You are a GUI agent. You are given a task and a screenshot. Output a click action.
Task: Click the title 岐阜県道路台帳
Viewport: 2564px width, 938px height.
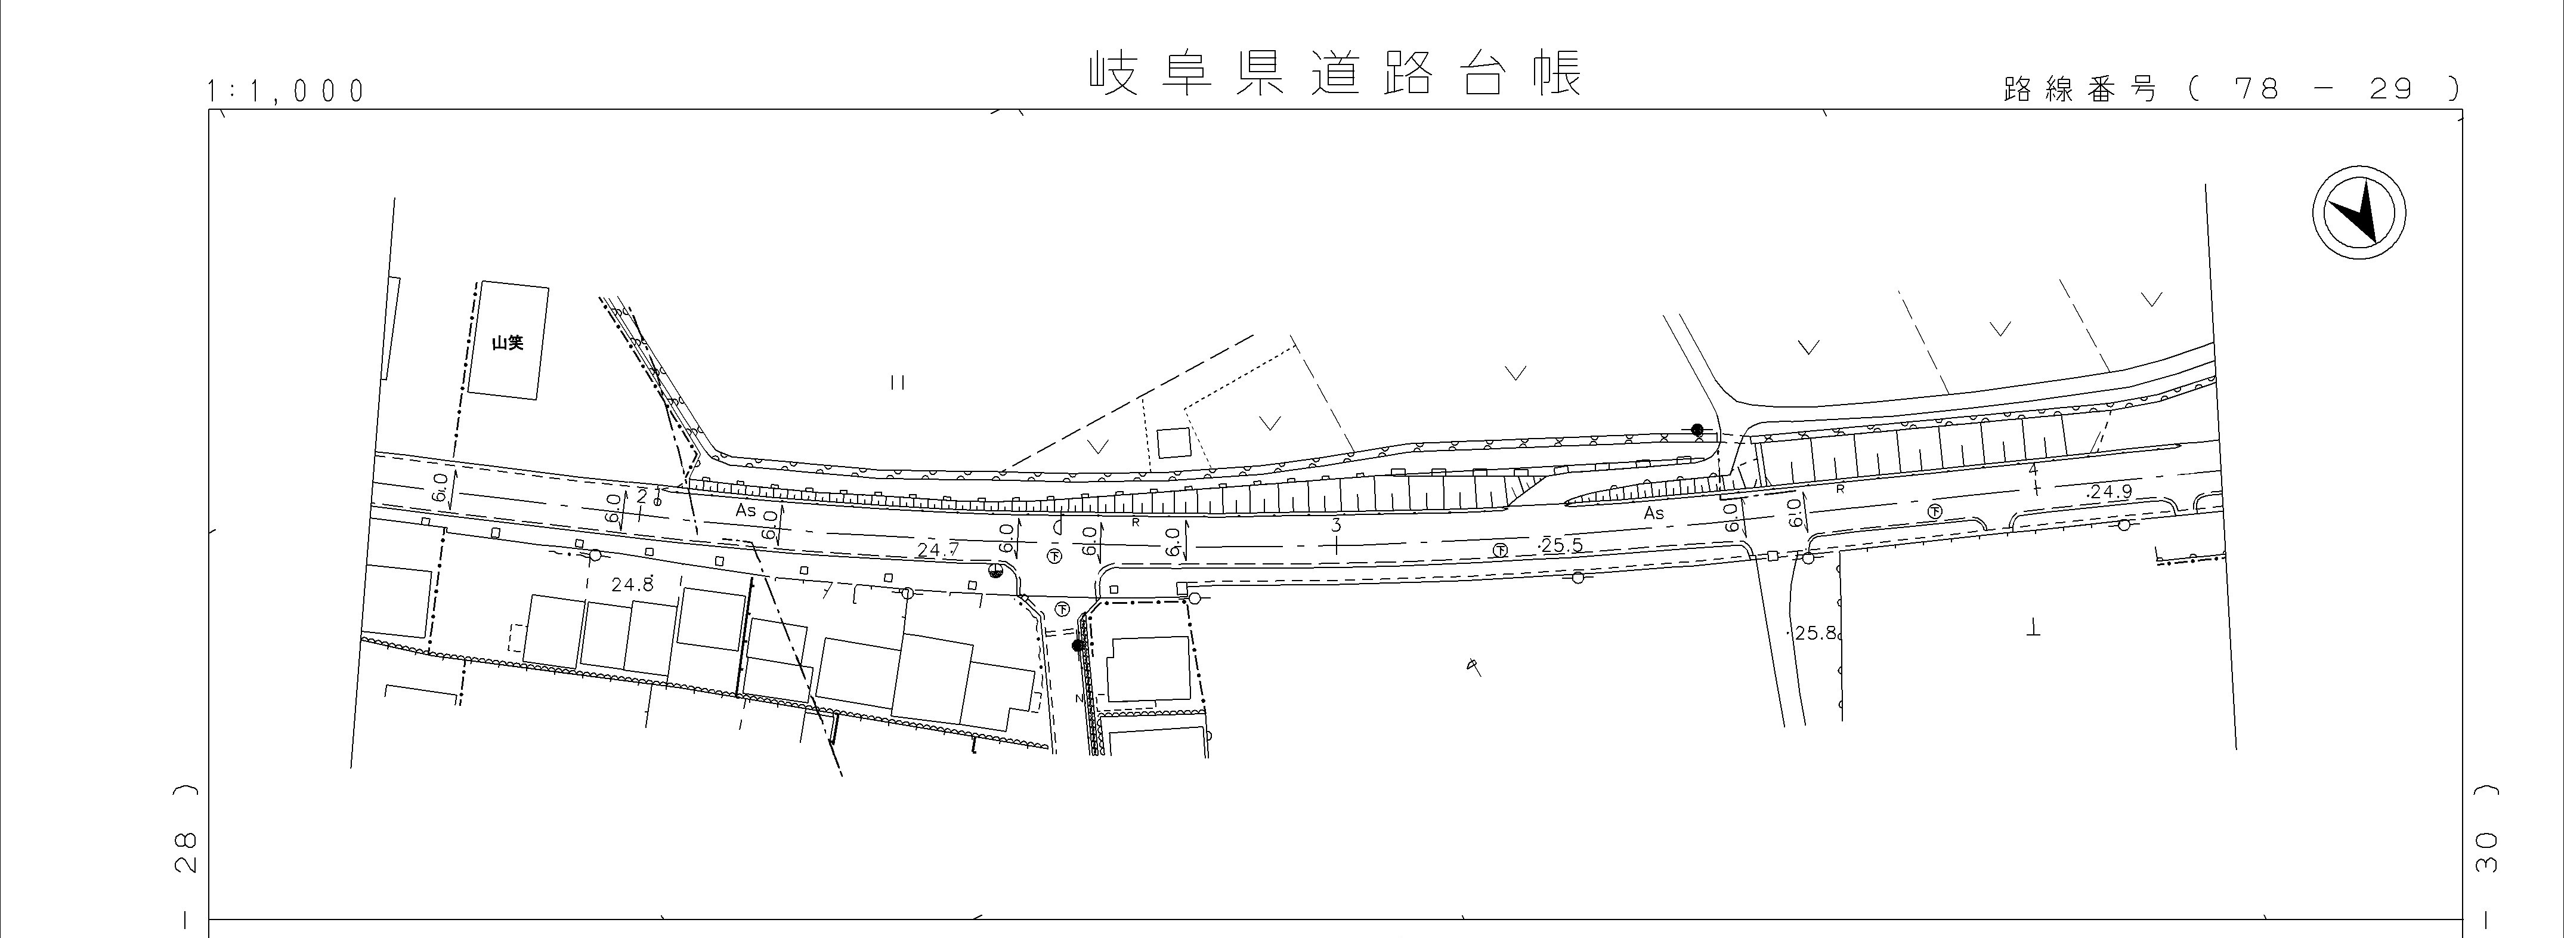[x=1334, y=75]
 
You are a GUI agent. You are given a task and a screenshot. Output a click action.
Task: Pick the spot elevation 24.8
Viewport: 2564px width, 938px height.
[x=632, y=585]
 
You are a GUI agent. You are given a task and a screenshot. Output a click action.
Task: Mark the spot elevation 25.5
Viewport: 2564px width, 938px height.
[x=1561, y=545]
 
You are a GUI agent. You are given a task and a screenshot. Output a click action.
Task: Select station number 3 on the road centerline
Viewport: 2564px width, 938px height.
[x=1336, y=524]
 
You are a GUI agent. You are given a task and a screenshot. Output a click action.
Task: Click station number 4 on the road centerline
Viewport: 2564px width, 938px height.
[x=2033, y=470]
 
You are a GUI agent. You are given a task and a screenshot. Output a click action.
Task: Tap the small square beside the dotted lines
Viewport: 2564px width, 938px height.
[x=1174, y=443]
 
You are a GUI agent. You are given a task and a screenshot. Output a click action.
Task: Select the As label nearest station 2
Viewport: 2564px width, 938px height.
[x=746, y=511]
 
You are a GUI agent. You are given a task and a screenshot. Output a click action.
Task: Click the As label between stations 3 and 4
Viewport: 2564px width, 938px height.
[x=1653, y=514]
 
